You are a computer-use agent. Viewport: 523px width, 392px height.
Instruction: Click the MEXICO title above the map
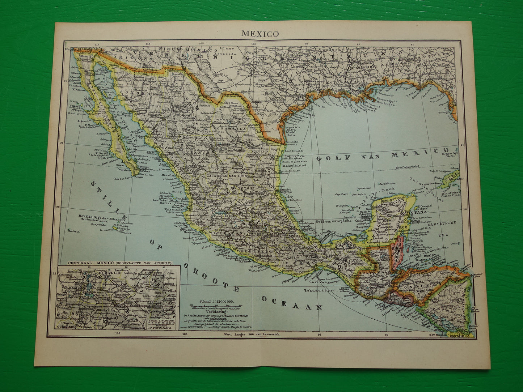260,34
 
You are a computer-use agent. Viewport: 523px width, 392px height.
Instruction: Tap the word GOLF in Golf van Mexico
329,158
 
